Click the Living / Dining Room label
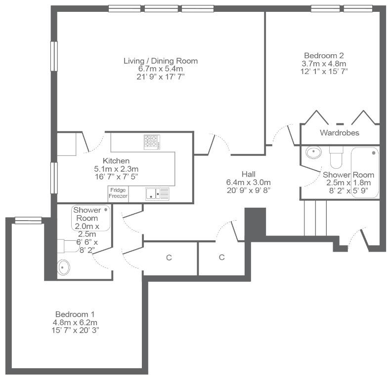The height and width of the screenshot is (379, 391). pos(161,61)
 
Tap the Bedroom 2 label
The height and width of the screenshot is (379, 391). pos(324,55)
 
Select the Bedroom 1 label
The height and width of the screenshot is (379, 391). pos(75,314)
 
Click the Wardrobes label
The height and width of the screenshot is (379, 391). pos(340,132)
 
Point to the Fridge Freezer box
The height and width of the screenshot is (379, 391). pos(118,194)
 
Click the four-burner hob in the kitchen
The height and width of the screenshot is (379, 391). pos(152,142)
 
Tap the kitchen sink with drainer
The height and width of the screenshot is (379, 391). pos(157,194)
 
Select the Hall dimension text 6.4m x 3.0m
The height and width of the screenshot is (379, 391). pos(248,182)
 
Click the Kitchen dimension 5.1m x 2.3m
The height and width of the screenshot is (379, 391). pos(116,169)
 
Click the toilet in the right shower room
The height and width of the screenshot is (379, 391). pos(336,157)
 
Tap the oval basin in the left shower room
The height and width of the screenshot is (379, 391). pos(64,267)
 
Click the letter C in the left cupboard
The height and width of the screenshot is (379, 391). pos(169,258)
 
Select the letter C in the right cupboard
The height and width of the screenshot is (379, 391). pos(221,257)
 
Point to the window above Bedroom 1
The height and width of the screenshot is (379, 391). pos(28,220)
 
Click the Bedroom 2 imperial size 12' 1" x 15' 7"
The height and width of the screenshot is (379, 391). pos(324,72)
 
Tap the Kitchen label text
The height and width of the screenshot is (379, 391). pos(116,160)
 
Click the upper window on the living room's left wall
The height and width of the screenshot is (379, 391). pos(54,56)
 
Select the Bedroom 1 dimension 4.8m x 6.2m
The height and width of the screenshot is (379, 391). pos(75,322)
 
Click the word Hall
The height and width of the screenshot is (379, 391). pos(249,174)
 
